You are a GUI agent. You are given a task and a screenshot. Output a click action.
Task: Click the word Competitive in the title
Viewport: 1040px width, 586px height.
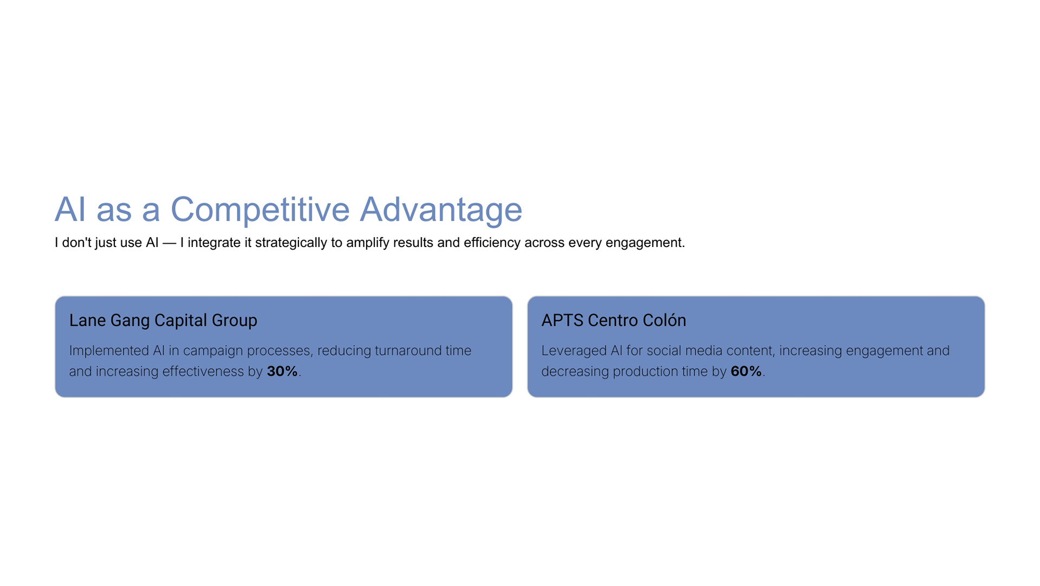260,210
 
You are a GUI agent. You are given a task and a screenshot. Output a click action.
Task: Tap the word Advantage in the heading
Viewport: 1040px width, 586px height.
441,210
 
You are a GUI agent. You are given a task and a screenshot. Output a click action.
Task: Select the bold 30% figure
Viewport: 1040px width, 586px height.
282,372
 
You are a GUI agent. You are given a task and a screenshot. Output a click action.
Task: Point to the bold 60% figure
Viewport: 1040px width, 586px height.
746,372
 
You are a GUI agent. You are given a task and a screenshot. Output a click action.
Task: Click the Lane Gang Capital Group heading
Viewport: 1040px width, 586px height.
163,321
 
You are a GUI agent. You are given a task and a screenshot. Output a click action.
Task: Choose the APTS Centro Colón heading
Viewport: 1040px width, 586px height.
614,321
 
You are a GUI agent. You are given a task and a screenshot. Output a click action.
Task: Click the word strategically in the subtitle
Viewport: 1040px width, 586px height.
291,243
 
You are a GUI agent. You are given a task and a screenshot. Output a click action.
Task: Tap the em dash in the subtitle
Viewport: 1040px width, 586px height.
170,243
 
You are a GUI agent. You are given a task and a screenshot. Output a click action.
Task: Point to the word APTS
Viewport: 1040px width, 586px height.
562,321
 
